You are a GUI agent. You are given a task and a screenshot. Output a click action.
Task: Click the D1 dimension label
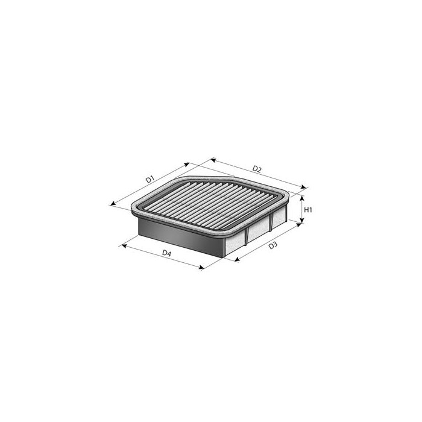pyautogui.click(x=150, y=179)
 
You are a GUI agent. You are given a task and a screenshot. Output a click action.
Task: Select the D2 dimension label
pyautogui.click(x=257, y=169)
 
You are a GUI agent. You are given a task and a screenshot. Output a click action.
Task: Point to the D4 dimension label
pyautogui.click(x=167, y=254)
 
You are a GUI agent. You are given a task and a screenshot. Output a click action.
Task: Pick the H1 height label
pyautogui.click(x=307, y=210)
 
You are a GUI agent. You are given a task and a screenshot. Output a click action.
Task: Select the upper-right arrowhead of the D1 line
pyautogui.click(x=188, y=163)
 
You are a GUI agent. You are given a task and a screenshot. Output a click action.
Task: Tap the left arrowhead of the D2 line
pyautogui.click(x=211, y=160)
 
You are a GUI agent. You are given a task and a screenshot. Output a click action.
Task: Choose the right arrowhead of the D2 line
pyautogui.click(x=305, y=189)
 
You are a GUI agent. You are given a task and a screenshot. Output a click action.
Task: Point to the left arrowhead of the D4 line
pyautogui.click(x=122, y=245)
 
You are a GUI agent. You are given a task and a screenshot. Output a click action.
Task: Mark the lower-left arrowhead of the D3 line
pyautogui.click(x=235, y=261)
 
